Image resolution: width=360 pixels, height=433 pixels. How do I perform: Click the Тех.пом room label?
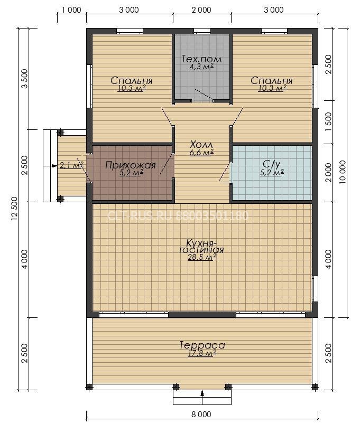(202, 59)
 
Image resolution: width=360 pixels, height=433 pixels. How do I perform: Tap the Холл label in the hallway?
(201, 145)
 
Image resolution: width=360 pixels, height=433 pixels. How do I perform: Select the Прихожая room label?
(131, 165)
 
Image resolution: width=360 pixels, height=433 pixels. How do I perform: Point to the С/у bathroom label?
(272, 165)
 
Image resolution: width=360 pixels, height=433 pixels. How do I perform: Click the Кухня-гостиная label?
(201, 246)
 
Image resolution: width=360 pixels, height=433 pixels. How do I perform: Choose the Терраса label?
(202, 345)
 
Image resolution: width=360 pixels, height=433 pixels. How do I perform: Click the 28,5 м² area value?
(202, 257)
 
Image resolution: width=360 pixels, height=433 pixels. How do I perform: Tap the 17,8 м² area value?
(202, 353)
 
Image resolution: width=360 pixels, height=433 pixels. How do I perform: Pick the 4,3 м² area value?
(201, 67)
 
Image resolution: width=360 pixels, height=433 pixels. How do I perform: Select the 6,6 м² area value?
(201, 153)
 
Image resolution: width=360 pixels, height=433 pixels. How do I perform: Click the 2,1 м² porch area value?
(71, 165)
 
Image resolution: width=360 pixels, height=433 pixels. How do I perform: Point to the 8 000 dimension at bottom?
(201, 414)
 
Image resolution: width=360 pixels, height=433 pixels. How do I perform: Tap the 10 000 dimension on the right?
(343, 172)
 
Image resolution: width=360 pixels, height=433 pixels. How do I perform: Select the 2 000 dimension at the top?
(201, 10)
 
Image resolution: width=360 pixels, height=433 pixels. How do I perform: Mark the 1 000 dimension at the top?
(71, 10)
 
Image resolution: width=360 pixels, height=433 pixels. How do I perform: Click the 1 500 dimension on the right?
(328, 121)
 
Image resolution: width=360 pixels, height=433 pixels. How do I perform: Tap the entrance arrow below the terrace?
(202, 393)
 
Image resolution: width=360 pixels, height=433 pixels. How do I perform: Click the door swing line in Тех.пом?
(203, 94)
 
